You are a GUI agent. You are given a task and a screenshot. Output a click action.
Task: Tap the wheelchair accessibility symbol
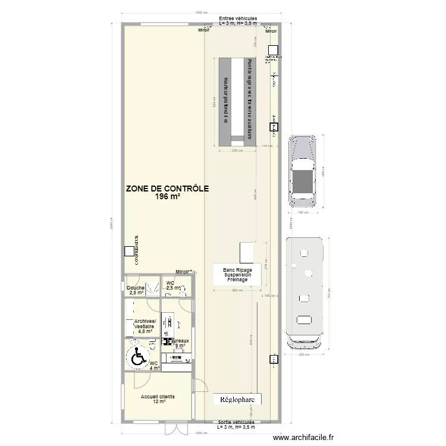pyautogui.click(x=138, y=357)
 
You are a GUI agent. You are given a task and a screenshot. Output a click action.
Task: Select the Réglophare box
pyautogui.click(x=237, y=400)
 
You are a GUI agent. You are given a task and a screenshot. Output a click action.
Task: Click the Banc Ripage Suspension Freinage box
pyautogui.click(x=237, y=274)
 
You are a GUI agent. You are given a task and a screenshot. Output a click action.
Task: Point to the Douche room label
pyautogui.click(x=136, y=288)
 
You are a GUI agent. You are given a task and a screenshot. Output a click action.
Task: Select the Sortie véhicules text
pyautogui.click(x=236, y=422)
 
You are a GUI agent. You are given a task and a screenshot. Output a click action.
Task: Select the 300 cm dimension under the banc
pyautogui.click(x=237, y=290)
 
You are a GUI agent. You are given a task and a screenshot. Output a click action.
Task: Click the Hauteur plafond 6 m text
pyautogui.click(x=227, y=98)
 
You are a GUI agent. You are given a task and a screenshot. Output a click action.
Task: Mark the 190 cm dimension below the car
pyautogui.click(x=303, y=212)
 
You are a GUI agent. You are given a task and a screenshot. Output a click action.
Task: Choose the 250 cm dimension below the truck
pyautogui.click(x=305, y=355)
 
